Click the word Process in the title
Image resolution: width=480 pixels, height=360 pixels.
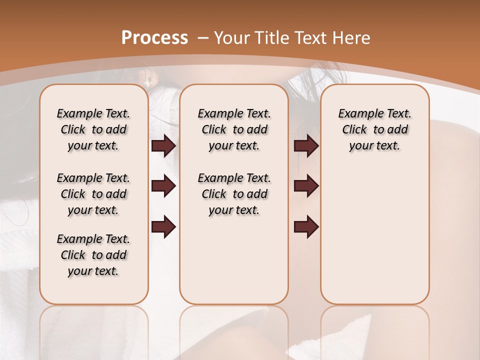[x=154, y=38]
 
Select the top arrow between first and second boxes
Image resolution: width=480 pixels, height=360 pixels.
[x=163, y=146]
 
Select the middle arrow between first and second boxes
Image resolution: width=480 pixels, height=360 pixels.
[x=163, y=186]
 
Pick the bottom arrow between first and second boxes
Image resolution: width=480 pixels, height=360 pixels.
[x=163, y=227]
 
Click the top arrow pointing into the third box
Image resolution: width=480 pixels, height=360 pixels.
[x=306, y=146]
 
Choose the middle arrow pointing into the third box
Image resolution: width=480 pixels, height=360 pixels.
[x=306, y=186]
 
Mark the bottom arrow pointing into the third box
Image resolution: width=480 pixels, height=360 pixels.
[x=306, y=227]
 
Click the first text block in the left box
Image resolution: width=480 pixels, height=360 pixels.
[x=93, y=129]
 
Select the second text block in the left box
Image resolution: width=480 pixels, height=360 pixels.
[x=93, y=194]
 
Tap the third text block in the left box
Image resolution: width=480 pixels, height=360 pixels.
[x=93, y=255]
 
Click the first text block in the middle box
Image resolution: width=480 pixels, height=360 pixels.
[x=234, y=129]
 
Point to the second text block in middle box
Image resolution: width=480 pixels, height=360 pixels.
[x=234, y=194]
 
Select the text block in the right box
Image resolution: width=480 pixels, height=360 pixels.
[x=374, y=129]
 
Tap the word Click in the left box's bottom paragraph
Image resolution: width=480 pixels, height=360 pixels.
[x=73, y=255]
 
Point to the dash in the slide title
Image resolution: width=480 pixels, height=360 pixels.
[x=203, y=38]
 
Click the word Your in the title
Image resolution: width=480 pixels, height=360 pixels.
[x=231, y=38]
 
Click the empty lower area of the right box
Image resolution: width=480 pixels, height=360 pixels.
[x=374, y=240]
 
